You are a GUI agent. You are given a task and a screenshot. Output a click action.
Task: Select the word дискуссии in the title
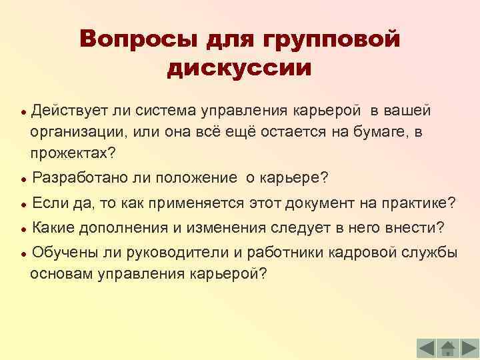click(x=240, y=69)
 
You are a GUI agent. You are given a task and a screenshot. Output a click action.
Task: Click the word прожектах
click(x=72, y=153)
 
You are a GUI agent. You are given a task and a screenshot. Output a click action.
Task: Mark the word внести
click(x=414, y=227)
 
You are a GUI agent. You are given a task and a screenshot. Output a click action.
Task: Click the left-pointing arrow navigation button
click(x=427, y=347)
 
